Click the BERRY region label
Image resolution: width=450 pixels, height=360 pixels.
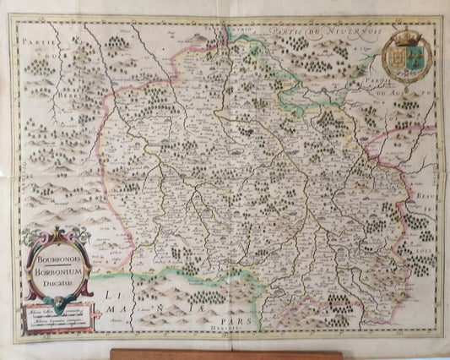tap(77, 94)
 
